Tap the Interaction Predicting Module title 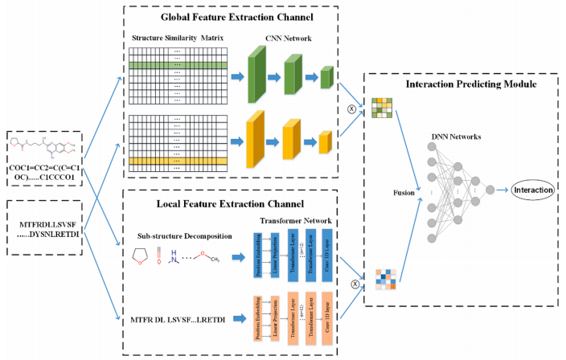(x=464, y=84)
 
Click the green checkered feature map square (x=380, y=108)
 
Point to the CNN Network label (x=287, y=37)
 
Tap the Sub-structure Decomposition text (x=184, y=236)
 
